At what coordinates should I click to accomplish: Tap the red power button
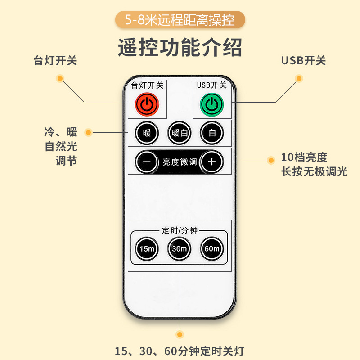click(x=147, y=104)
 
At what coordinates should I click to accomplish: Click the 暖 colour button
click(x=147, y=133)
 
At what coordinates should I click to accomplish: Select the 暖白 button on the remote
click(x=180, y=133)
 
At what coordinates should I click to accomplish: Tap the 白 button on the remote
click(x=212, y=133)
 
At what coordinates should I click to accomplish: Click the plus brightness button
click(x=212, y=162)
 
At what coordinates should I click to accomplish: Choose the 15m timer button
click(x=147, y=248)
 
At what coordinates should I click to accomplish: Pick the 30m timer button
click(x=180, y=248)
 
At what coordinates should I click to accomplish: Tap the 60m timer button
click(x=212, y=248)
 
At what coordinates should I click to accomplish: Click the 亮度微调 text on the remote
click(x=180, y=162)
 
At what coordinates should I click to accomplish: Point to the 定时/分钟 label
click(x=180, y=231)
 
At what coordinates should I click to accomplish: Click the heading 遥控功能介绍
click(x=180, y=47)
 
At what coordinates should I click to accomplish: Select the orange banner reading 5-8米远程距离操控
click(x=180, y=20)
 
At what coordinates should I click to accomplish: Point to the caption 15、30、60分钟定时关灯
click(x=180, y=351)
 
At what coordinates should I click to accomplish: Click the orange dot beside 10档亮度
click(x=271, y=160)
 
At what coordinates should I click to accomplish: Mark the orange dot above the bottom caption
click(x=180, y=335)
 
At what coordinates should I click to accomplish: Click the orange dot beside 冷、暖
click(x=88, y=132)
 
